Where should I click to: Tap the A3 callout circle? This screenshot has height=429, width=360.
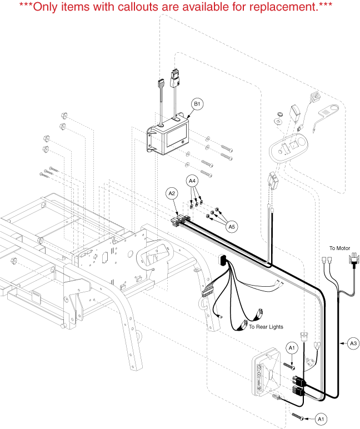pos(353,344)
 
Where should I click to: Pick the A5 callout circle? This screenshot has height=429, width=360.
pos(232,226)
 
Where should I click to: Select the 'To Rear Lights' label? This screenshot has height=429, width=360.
pos(266,327)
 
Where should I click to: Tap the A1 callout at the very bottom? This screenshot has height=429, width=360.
pos(321,417)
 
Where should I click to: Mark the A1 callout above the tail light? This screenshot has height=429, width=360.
pos(292,347)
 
